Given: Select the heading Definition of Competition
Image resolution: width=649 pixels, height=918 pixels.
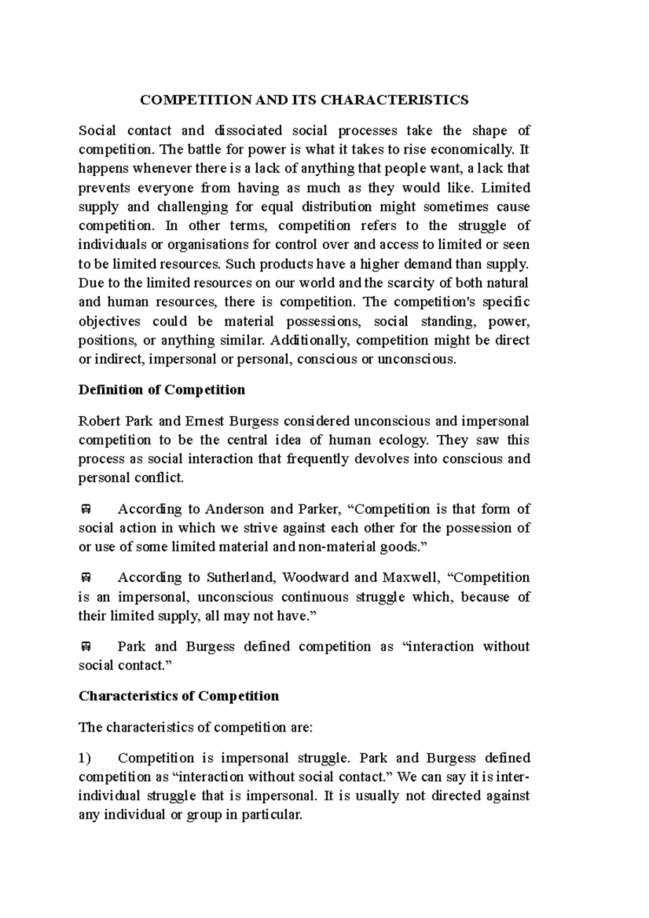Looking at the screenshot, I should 162,390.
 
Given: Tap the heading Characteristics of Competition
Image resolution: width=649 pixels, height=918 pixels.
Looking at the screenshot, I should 178,696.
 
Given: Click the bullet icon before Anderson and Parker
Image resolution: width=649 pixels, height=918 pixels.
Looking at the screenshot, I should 85,509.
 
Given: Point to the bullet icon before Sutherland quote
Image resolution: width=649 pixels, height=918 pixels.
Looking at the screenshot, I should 85,578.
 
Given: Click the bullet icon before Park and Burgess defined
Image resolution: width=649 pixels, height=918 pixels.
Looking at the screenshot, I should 85,647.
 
